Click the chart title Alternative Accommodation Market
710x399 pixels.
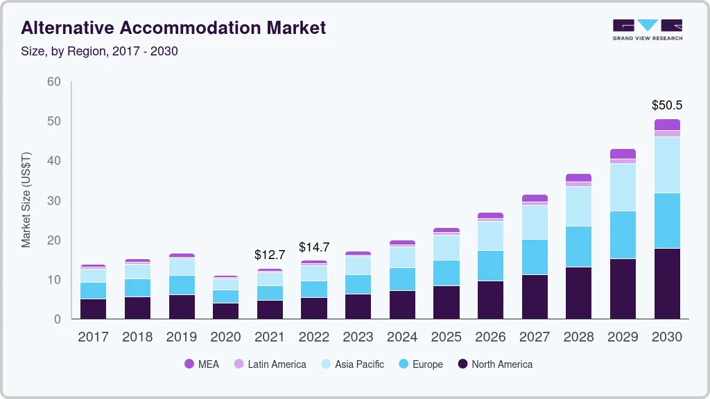[x=173, y=28]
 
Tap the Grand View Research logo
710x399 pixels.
[x=648, y=30]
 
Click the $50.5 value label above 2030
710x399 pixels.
[x=667, y=105]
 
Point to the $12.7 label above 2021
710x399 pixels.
[x=270, y=255]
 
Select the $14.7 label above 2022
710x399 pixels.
[x=313, y=247]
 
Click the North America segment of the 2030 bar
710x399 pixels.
[x=667, y=283]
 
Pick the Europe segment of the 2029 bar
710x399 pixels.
[x=623, y=235]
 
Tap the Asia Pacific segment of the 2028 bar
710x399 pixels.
[x=578, y=206]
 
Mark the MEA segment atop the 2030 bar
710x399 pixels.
[x=667, y=125]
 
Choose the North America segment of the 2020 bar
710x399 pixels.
[x=225, y=311]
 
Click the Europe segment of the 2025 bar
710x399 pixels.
[x=446, y=273]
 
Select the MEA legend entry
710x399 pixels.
[x=202, y=364]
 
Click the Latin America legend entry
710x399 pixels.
[x=270, y=364]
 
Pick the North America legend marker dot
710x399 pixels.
[x=462, y=364]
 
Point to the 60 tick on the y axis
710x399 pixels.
[x=54, y=82]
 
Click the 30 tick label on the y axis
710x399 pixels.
[x=54, y=201]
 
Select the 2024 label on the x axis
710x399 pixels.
[x=402, y=337]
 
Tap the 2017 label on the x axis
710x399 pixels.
[x=93, y=337]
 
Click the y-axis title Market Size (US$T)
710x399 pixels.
[x=26, y=200]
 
